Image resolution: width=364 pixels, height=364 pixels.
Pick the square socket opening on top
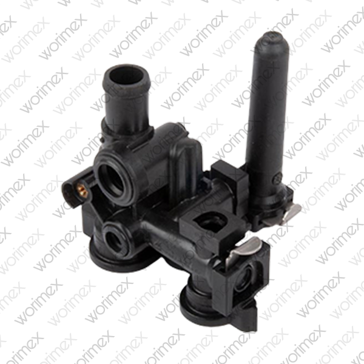[x=211, y=221]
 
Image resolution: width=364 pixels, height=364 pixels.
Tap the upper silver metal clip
[x=293, y=210]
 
